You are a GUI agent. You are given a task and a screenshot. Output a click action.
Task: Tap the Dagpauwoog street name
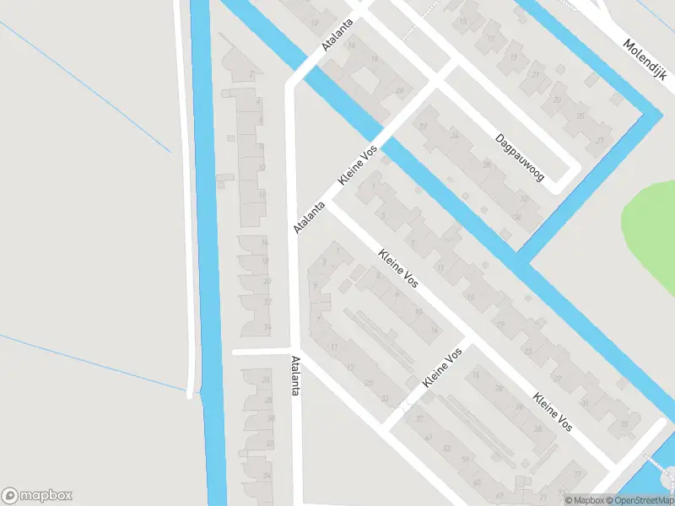[520, 158]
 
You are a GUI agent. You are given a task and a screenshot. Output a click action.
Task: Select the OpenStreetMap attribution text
[643, 500]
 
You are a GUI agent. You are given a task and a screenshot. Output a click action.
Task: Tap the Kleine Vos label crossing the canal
[356, 166]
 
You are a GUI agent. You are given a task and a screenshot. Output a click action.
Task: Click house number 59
[465, 459]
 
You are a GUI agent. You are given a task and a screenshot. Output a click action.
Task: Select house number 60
[478, 483]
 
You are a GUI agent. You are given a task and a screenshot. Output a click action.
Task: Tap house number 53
[446, 448]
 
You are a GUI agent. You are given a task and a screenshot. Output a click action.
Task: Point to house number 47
[429, 437]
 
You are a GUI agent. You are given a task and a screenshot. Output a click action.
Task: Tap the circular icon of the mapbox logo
[10, 496]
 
